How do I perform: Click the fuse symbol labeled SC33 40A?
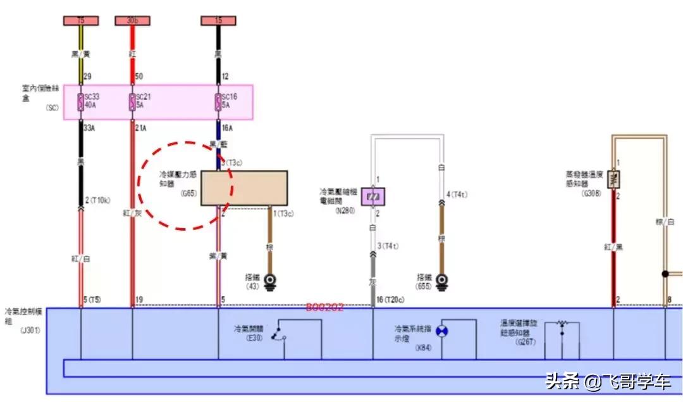[80, 102]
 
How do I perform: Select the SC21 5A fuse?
[132, 102]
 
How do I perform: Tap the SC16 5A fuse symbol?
[218, 102]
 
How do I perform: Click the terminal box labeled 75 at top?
[80, 21]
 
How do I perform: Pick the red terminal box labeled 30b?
[132, 21]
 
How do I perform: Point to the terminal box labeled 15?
[218, 21]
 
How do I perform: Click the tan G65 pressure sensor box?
[243, 188]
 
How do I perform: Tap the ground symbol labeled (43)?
[271, 279]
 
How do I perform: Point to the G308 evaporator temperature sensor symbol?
[613, 179]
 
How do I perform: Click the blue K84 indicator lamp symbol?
[442, 331]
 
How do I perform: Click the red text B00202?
[324, 308]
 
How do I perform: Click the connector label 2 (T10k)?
[97, 200]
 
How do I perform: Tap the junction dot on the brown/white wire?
[665, 274]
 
